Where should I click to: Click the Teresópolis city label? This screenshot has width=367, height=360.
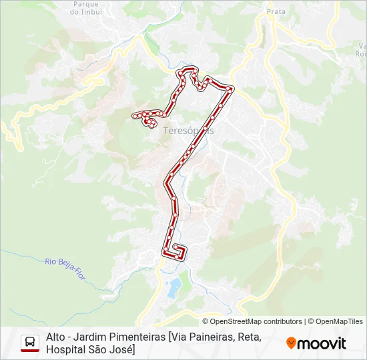pyautogui.click(x=188, y=131)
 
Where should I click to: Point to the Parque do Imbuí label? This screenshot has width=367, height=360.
pyautogui.click(x=85, y=8)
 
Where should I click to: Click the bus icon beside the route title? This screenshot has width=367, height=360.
pyautogui.click(x=30, y=343)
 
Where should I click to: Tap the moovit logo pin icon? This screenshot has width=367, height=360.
pyautogui.click(x=291, y=343)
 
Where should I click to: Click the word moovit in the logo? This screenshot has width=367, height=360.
pyautogui.click(x=322, y=343)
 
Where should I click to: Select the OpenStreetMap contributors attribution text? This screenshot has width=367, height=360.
pyautogui.click(x=252, y=321)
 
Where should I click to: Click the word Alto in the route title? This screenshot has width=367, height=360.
pyautogui.click(x=56, y=337)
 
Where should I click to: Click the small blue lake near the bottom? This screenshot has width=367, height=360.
pyautogui.click(x=173, y=288)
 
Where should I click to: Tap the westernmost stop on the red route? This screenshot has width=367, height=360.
pyautogui.click(x=135, y=116)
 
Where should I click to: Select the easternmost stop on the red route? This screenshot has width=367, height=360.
pyautogui.click(x=231, y=89)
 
